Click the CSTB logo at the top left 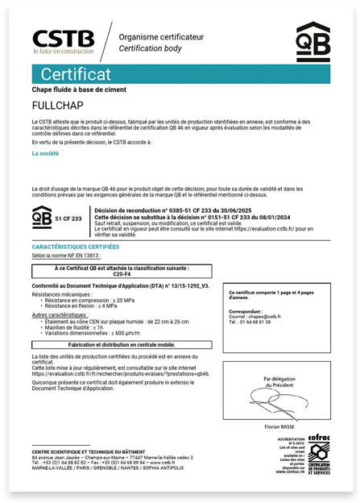[63, 41]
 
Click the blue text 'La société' [45, 152]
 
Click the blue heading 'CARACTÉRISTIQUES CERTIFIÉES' [75, 246]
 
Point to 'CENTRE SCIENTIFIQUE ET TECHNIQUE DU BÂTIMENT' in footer [91, 451]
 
